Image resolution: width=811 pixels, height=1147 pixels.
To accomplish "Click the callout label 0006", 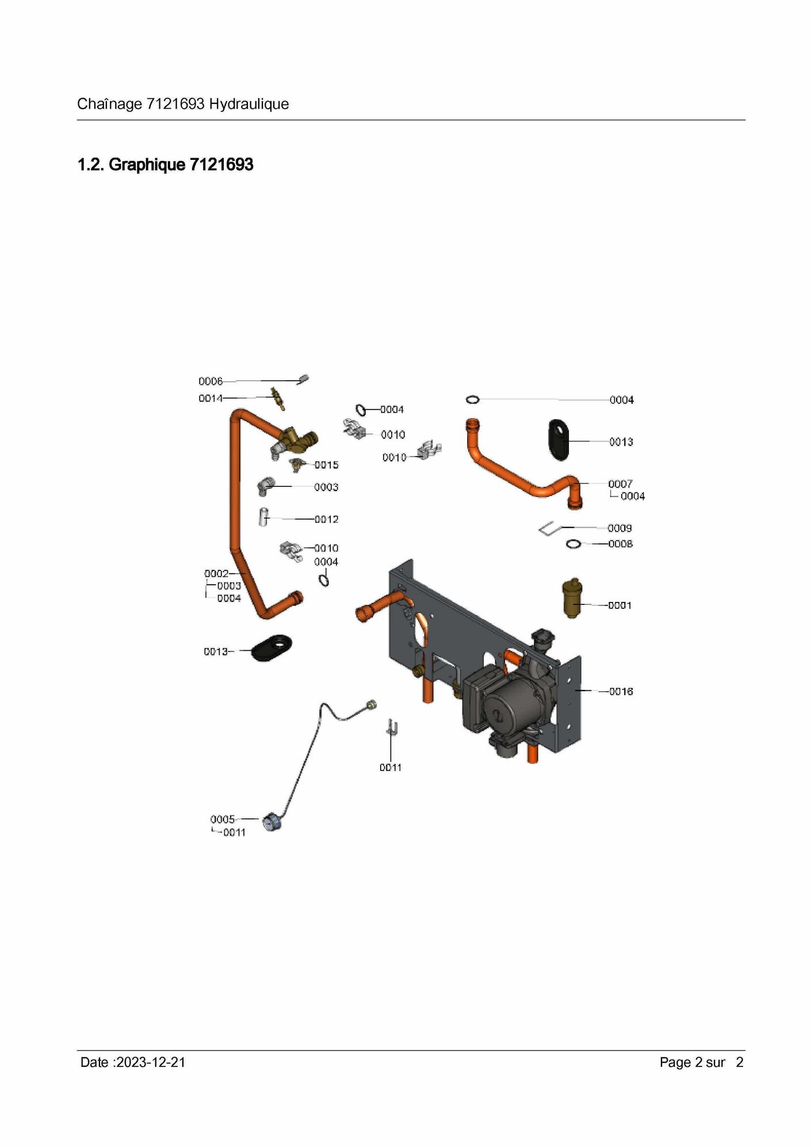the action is (211, 381).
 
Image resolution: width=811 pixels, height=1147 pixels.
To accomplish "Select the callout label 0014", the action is (211, 398).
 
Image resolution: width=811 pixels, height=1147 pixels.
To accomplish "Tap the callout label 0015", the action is (326, 465).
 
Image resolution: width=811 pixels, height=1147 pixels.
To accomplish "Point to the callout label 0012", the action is (326, 519).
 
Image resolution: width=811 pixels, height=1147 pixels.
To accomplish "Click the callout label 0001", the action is (620, 605).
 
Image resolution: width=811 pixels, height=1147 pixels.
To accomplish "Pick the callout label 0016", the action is (621, 691).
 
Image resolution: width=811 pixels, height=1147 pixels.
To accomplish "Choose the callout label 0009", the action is (619, 528).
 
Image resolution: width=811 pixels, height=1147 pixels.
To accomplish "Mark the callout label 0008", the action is (621, 543).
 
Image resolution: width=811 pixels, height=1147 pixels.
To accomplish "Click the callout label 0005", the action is (223, 819).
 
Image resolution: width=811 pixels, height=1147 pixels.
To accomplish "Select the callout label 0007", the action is (621, 484).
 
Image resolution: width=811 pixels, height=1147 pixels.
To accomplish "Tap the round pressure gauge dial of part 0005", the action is (271, 823).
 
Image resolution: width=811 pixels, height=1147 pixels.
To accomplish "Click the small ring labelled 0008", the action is (574, 544).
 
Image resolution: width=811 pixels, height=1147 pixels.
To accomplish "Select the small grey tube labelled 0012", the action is (263, 516).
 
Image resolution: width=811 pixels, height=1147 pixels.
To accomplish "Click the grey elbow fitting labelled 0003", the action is (265, 486).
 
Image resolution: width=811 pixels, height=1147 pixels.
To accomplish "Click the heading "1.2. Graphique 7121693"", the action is (165, 164).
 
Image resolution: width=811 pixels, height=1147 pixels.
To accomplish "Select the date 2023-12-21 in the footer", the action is (151, 1062).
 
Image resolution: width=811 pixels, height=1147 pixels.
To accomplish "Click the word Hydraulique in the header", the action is (249, 104).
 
